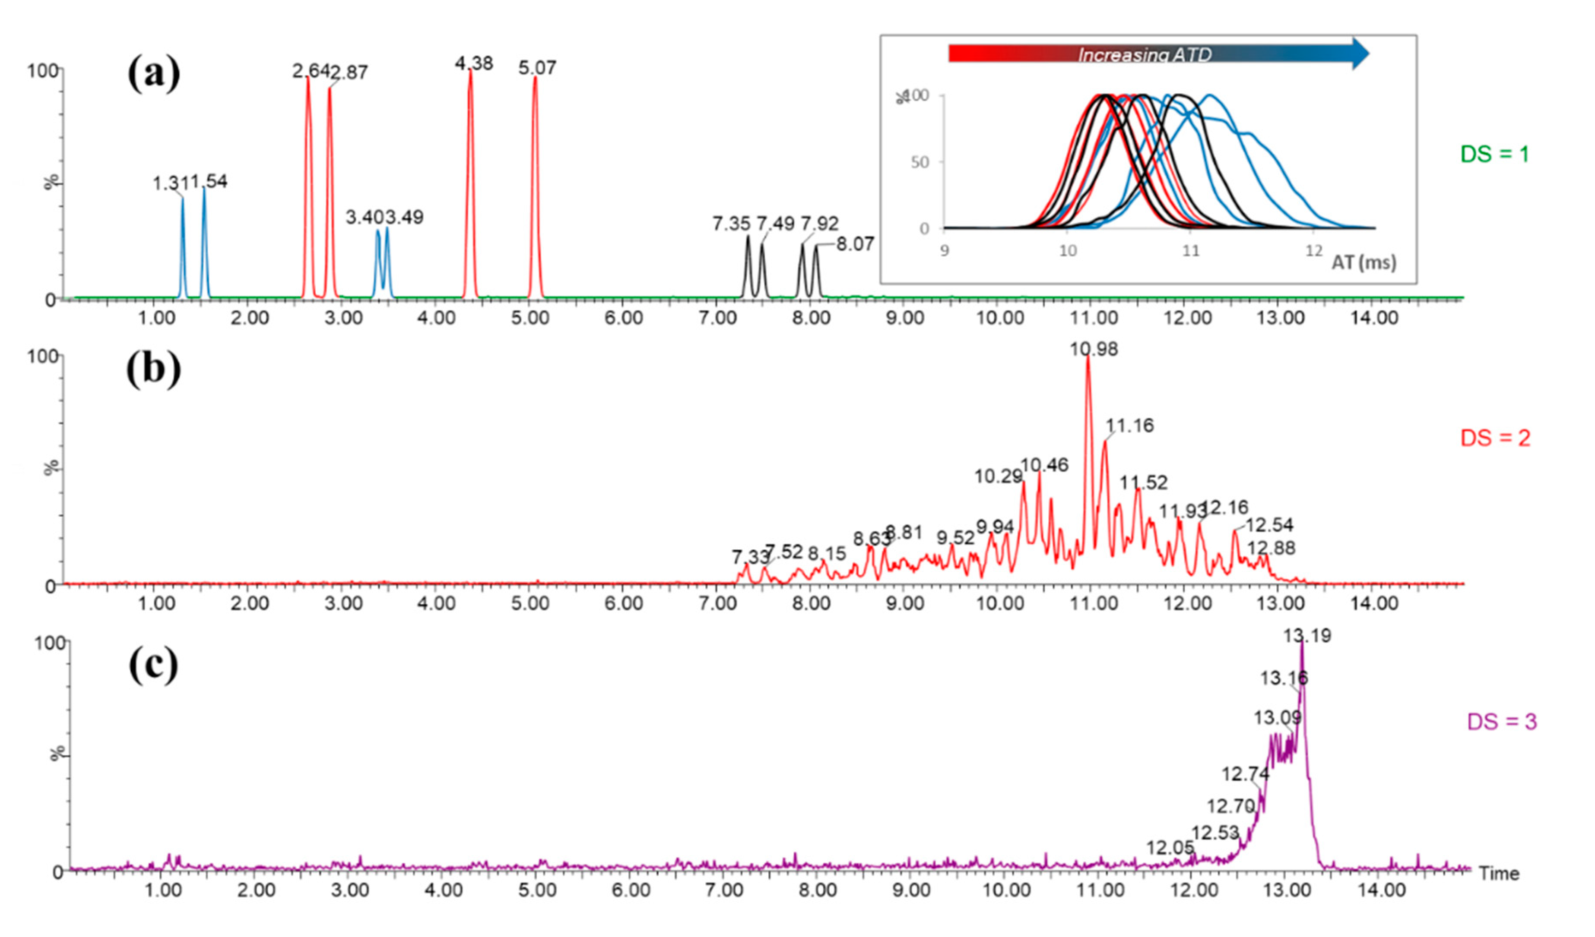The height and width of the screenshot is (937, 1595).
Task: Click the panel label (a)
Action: click(x=154, y=73)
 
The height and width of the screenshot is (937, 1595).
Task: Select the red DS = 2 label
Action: click(x=1495, y=438)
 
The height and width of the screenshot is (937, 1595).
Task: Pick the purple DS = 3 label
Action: click(x=1501, y=721)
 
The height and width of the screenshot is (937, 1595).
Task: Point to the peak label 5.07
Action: click(x=537, y=68)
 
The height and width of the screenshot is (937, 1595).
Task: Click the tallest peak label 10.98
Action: click(x=1094, y=349)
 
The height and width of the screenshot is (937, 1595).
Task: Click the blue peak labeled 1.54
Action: click(x=209, y=182)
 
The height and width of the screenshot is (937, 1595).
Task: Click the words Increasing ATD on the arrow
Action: click(x=1145, y=55)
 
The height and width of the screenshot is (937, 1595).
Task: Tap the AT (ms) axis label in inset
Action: click(x=1364, y=262)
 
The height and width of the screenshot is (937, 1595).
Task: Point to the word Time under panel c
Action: click(x=1499, y=874)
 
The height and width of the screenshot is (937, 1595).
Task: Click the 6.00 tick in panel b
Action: click(x=623, y=603)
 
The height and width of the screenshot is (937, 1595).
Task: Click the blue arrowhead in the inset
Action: click(x=1361, y=54)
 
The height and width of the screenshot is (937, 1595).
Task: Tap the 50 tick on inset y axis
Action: click(x=919, y=162)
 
